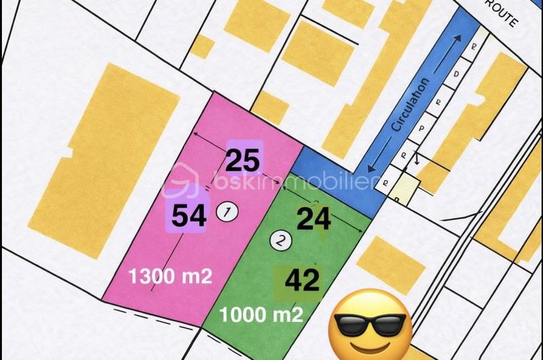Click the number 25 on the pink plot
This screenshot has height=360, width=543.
pyautogui.click(x=243, y=160)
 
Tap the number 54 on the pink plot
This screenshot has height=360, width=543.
pyautogui.click(x=189, y=216)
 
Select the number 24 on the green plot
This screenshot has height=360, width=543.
pyautogui.click(x=314, y=219)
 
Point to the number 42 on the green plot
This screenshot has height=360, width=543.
pyautogui.click(x=303, y=281)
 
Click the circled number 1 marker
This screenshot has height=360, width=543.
pyautogui.click(x=226, y=212)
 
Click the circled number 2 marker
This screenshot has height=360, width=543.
pyautogui.click(x=280, y=239)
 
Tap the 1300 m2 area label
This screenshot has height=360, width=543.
pyautogui.click(x=170, y=276)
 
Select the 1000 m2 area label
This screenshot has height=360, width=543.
pyautogui.click(x=261, y=314)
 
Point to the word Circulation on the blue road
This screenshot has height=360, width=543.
pyautogui.click(x=412, y=105)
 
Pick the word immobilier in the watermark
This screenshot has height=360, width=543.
pyautogui.click(x=340, y=182)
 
